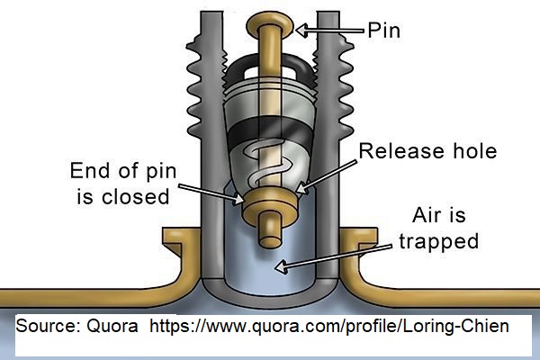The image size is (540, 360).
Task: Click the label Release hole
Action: coord(427,150)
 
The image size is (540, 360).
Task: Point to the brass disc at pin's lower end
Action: coord(269,199)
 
